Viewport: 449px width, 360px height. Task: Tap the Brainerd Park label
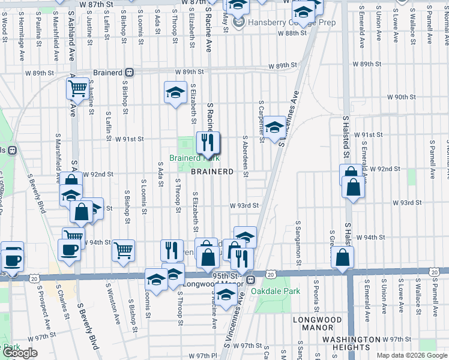194,158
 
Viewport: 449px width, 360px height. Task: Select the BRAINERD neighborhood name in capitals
212,172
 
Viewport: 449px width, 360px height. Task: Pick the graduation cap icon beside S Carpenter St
275,127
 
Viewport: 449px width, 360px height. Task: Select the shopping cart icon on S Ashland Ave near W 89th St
78,88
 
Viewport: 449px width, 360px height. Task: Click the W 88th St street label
295,33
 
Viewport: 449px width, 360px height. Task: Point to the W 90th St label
402,97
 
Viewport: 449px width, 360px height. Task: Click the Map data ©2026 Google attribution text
411,355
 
